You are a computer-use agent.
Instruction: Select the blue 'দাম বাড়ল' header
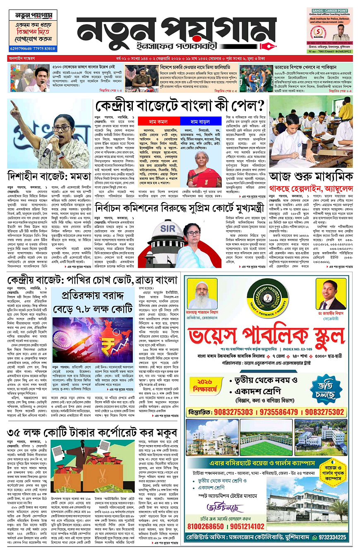pyautogui.click(x=200, y=121)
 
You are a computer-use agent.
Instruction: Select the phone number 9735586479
pyautogui.click(x=281, y=412)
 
